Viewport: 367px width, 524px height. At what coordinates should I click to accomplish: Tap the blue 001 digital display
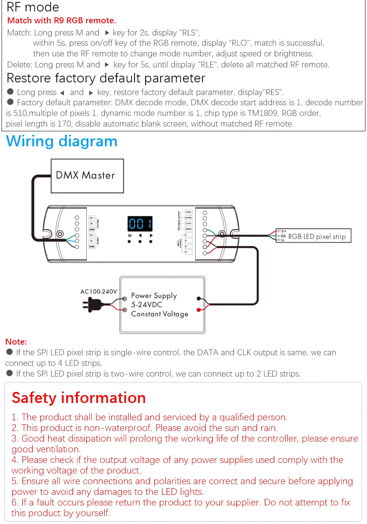tap(140, 224)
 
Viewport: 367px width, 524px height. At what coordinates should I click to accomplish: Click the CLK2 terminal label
tap(189, 212)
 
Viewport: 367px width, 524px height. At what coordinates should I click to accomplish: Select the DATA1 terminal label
tap(189, 229)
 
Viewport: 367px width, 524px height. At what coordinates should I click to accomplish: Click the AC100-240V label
tap(99, 292)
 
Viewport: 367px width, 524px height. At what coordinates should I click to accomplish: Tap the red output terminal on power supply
tap(199, 310)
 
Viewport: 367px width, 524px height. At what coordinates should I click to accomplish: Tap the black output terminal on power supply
tap(199, 298)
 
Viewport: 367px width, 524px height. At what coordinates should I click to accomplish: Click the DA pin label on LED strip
tap(283, 236)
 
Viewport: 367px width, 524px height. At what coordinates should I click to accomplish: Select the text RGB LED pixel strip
tap(317, 237)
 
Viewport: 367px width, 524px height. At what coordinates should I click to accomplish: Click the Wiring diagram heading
tap(62, 141)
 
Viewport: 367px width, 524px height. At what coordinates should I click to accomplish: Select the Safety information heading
tap(79, 398)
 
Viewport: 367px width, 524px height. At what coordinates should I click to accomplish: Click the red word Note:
tap(16, 342)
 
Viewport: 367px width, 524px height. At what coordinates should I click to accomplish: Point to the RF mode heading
tap(33, 7)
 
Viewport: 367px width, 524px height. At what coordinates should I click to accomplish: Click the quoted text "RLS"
tap(189, 33)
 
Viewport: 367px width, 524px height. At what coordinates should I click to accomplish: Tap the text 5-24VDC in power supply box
tap(146, 305)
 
